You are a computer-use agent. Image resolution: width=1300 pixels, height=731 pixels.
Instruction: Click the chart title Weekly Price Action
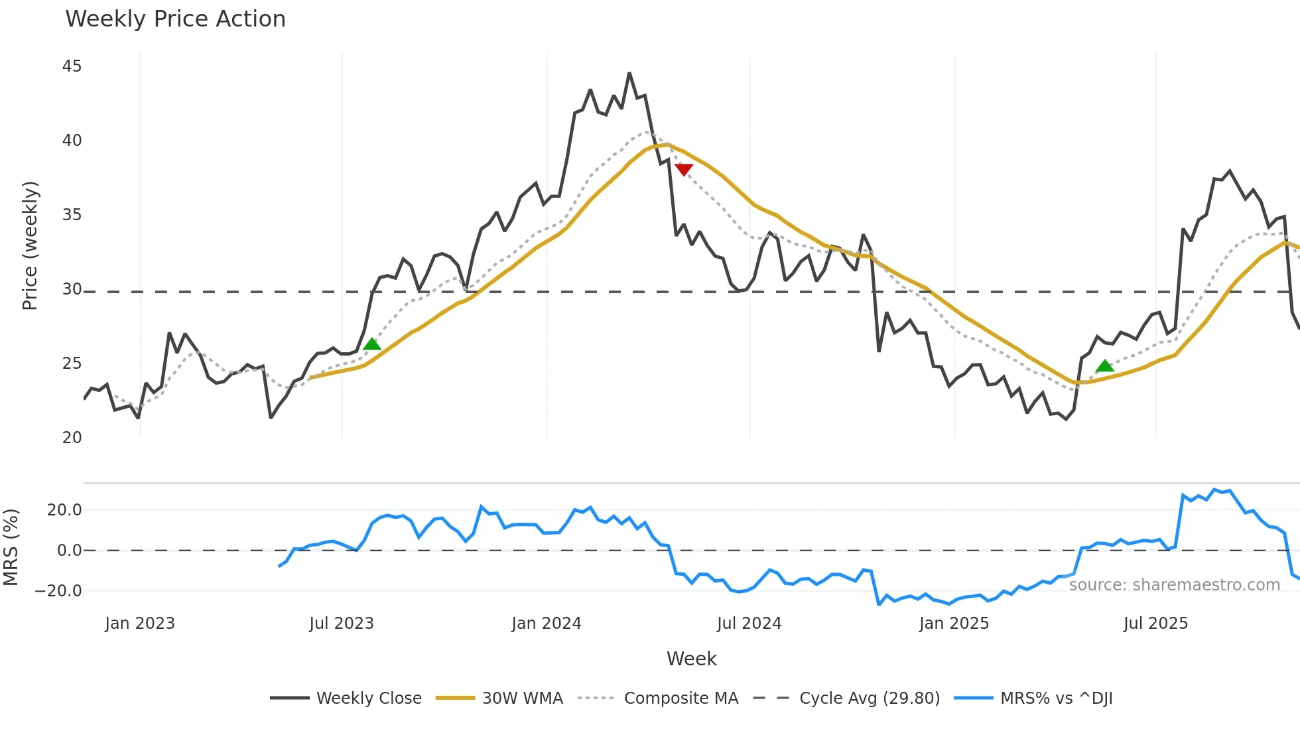[175, 19]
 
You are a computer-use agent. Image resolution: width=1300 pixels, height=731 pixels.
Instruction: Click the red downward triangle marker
[683, 170]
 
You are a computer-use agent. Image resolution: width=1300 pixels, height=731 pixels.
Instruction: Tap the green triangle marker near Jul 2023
[372, 344]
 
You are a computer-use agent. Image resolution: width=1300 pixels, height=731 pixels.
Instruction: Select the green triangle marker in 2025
[1104, 365]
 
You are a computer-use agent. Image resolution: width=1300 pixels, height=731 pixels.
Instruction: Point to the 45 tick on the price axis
[72, 66]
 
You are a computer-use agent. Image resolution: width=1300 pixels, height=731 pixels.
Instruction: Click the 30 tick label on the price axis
[72, 289]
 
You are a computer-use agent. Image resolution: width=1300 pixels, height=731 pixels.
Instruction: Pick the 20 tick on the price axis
[72, 438]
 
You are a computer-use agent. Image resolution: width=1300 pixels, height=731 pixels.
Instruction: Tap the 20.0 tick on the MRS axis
[64, 510]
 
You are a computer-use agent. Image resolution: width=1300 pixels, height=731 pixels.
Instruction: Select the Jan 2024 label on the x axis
[546, 624]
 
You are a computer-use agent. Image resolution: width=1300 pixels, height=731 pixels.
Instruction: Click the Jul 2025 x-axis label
[1155, 624]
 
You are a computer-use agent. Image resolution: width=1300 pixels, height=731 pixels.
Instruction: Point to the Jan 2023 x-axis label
[140, 624]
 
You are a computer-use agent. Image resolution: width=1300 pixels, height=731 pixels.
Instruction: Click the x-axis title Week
[691, 659]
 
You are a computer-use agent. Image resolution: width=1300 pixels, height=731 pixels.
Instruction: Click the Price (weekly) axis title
[31, 245]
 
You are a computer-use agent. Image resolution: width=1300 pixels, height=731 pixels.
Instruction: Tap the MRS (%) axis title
[11, 547]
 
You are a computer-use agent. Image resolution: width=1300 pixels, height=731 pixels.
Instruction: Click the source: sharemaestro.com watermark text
[1174, 585]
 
